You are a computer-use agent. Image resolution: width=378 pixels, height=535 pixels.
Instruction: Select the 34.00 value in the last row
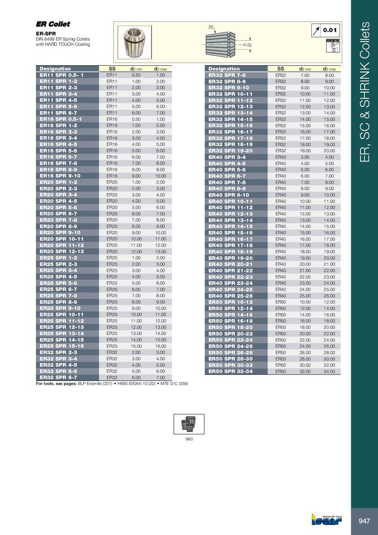tap(329, 371)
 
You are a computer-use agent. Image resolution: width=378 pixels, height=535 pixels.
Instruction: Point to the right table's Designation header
tap(224, 69)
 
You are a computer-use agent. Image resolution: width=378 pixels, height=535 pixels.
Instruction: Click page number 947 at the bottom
tap(364, 521)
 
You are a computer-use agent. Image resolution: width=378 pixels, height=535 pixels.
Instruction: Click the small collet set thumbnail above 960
tap(189, 423)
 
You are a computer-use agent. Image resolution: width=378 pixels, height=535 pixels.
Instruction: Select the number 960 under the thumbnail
tap(189, 439)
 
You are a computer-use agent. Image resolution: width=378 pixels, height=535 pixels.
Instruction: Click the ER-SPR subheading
tap(47, 34)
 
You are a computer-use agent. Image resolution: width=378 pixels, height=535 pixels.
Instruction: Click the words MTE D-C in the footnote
tap(166, 384)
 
